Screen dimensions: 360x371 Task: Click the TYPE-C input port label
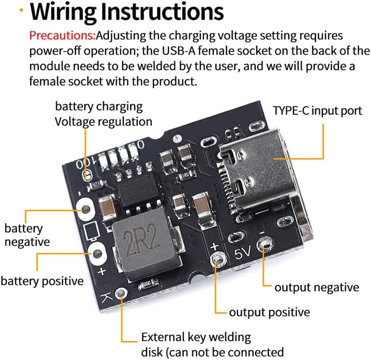pos(317,111)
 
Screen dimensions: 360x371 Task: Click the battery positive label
pos(42,280)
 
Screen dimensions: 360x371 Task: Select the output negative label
pos(316,287)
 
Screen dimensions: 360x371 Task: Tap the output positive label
pos(269,312)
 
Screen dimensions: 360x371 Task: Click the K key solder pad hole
pos(121,294)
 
